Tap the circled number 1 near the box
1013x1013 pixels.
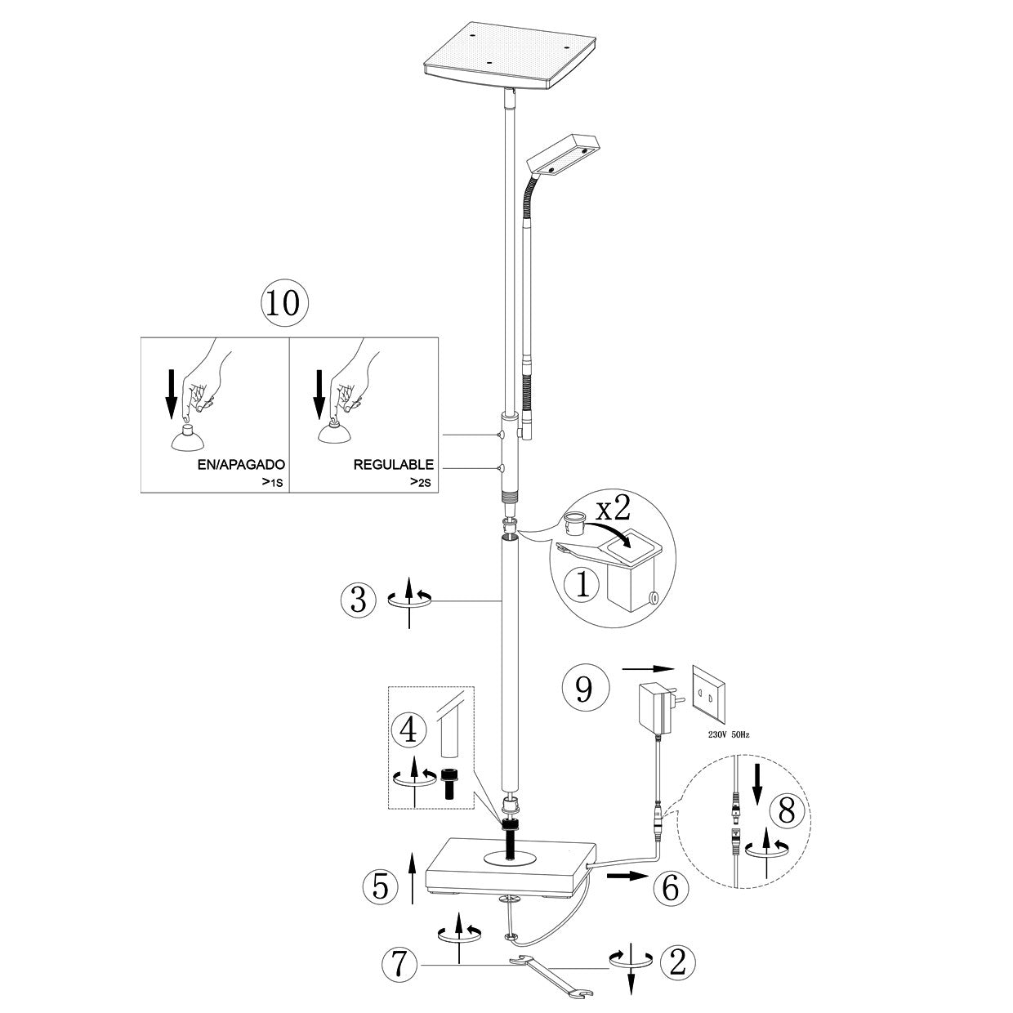click(x=581, y=584)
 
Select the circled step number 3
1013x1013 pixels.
click(x=358, y=600)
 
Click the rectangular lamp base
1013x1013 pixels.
click(x=511, y=868)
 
